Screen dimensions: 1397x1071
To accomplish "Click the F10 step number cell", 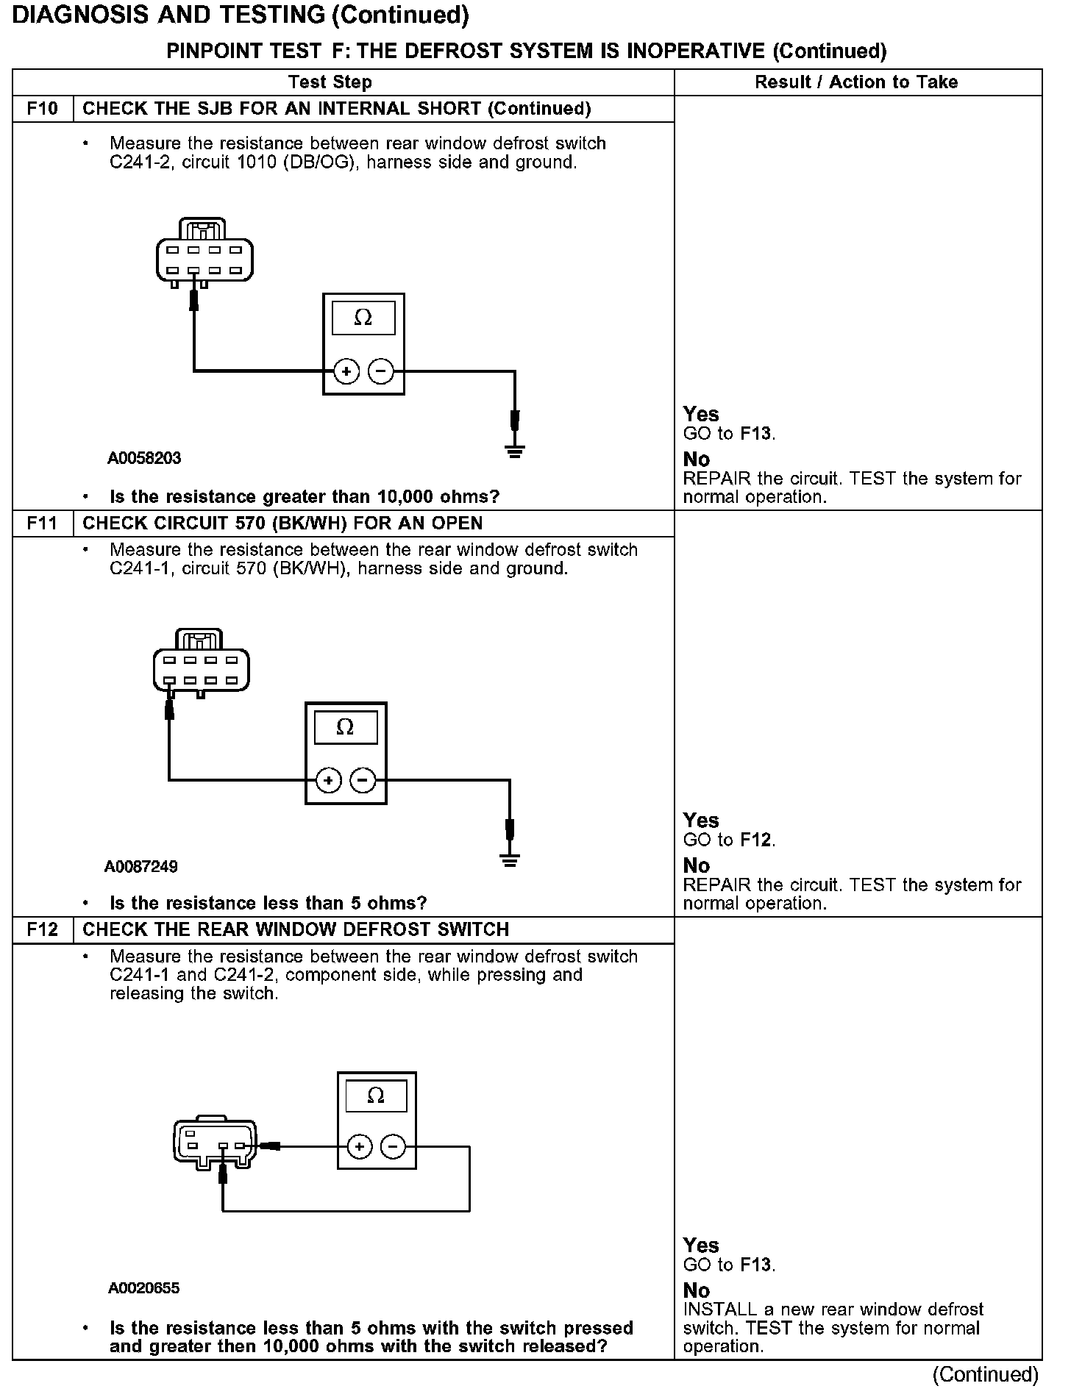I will click(x=43, y=109).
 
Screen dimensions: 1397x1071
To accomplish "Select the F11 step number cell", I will click(x=43, y=524).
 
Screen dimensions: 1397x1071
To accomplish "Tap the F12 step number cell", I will click(x=43, y=930).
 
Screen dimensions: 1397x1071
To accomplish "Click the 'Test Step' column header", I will click(x=330, y=82).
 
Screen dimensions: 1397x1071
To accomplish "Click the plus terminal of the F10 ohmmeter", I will click(x=346, y=372).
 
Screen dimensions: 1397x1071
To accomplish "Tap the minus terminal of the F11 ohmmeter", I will click(x=363, y=780).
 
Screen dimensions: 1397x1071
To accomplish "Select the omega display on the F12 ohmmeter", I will click(x=376, y=1096).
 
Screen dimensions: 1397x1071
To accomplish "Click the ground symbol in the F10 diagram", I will click(x=515, y=451).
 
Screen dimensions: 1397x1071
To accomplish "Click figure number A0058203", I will click(x=144, y=459).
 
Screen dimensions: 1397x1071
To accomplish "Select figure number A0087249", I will click(x=141, y=867).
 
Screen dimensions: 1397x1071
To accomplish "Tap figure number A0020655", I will click(x=144, y=1288).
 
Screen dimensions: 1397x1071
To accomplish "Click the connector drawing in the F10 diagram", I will click(x=204, y=252).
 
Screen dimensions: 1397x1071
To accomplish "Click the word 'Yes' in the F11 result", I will click(x=701, y=821).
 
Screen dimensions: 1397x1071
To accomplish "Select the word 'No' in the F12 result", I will click(x=697, y=1291).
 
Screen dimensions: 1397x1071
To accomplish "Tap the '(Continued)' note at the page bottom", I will click(x=986, y=1375).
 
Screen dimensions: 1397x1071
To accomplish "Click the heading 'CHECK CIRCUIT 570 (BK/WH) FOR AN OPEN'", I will click(x=282, y=524).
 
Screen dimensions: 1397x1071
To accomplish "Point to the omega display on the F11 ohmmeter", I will click(x=345, y=728).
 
